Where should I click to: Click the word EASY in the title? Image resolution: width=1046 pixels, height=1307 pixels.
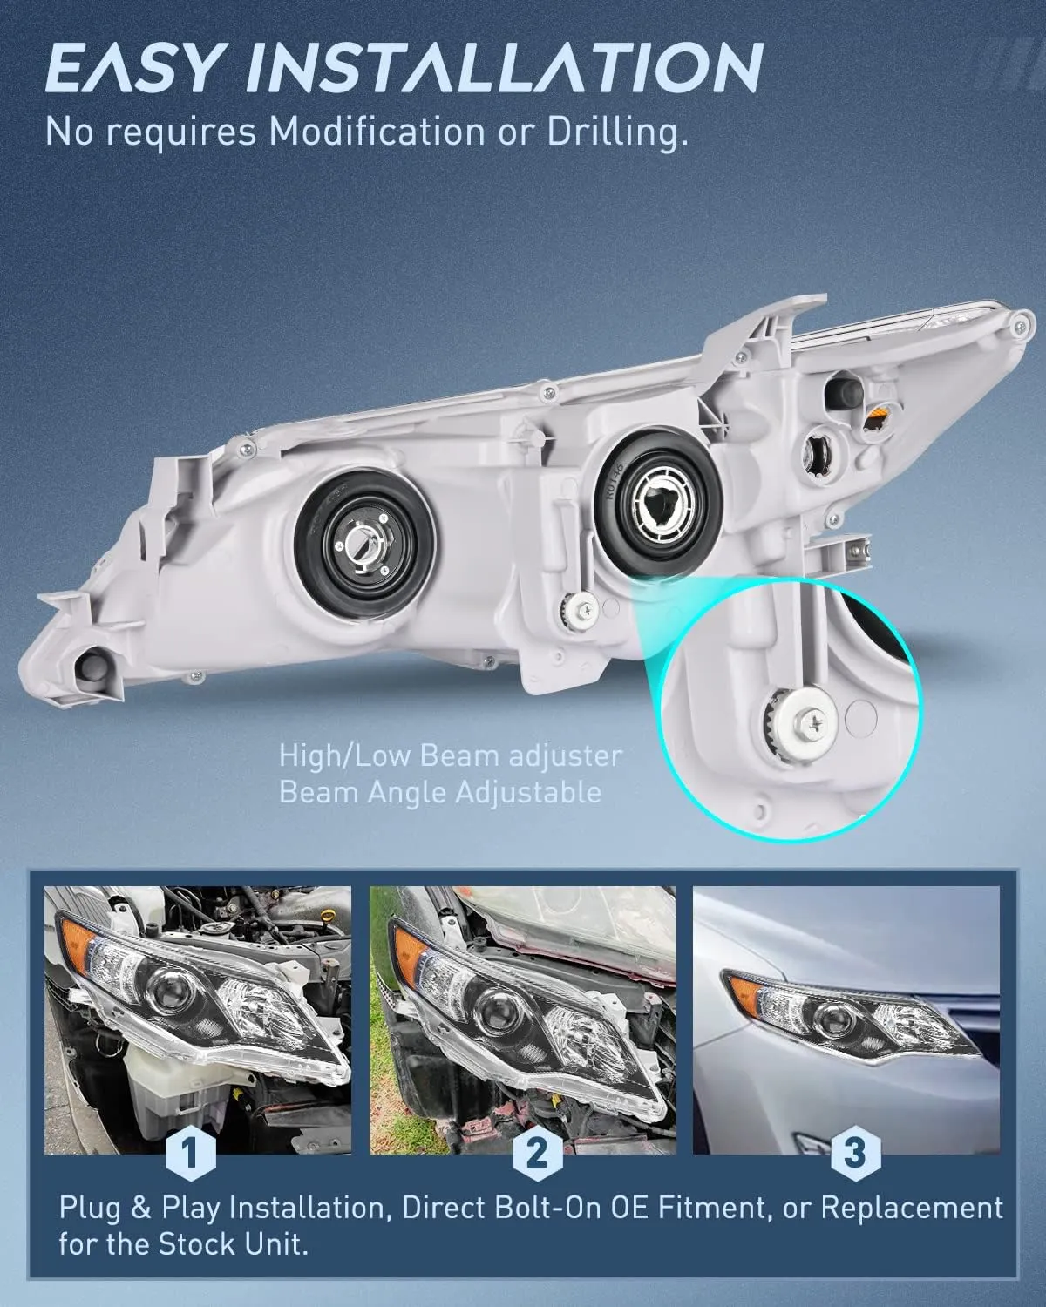(132, 68)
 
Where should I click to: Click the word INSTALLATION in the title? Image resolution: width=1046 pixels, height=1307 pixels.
(504, 68)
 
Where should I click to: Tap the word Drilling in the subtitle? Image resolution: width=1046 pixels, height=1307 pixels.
(619, 132)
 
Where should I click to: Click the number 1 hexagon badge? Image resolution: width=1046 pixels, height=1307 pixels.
(191, 1154)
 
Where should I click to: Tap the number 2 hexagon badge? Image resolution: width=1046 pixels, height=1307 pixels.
(537, 1153)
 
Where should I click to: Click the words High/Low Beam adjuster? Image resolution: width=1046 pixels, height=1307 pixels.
(451, 756)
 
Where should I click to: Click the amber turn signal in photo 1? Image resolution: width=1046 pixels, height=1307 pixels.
(77, 947)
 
